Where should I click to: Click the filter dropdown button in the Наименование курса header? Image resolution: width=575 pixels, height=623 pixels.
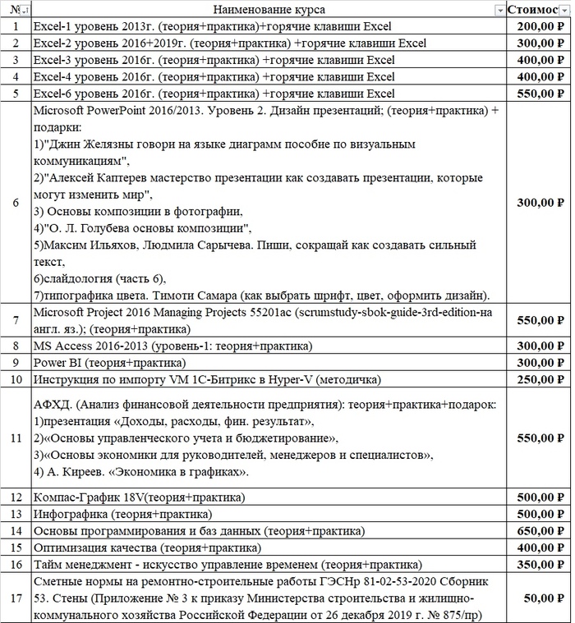click(499, 10)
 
